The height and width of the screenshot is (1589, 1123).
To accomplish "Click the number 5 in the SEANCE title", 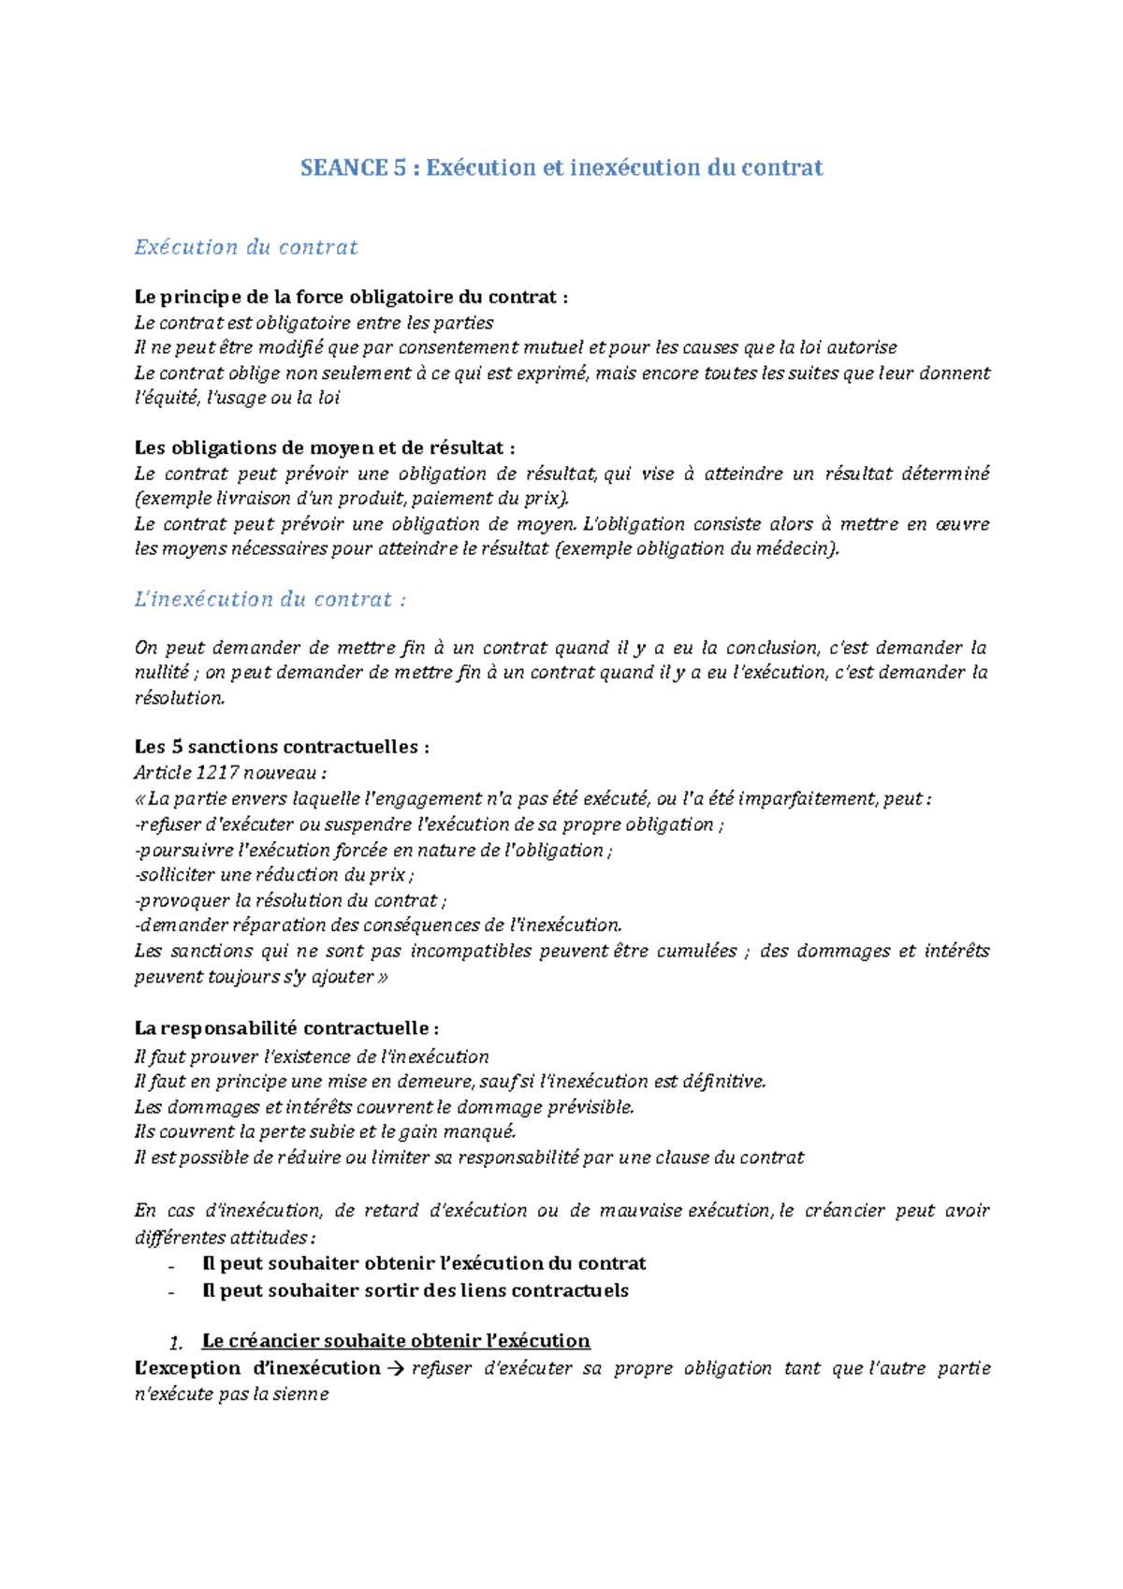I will pos(400,168).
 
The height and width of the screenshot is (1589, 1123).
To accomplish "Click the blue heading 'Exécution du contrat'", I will pos(246,248).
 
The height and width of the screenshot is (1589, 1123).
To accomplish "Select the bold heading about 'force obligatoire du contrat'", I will pos(351,298).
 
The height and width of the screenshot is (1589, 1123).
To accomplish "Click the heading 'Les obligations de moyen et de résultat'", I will pos(325,448).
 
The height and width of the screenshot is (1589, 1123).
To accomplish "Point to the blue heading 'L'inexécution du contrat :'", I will pos(270,600).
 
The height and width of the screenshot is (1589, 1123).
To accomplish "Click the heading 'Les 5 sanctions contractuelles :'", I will pos(282,747).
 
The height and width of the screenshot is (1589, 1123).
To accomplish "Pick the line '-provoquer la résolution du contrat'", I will pos(290,900).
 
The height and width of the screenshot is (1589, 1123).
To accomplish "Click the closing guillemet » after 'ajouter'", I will pos(382,977).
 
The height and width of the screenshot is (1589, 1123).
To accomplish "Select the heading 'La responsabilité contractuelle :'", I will pos(286,1028).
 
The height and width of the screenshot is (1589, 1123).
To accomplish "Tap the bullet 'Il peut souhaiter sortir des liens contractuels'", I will pos(416,1291).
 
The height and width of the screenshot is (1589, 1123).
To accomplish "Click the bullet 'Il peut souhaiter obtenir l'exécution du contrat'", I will pos(424,1264).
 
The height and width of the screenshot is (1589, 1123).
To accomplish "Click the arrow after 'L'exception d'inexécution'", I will pos(395,1369).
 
